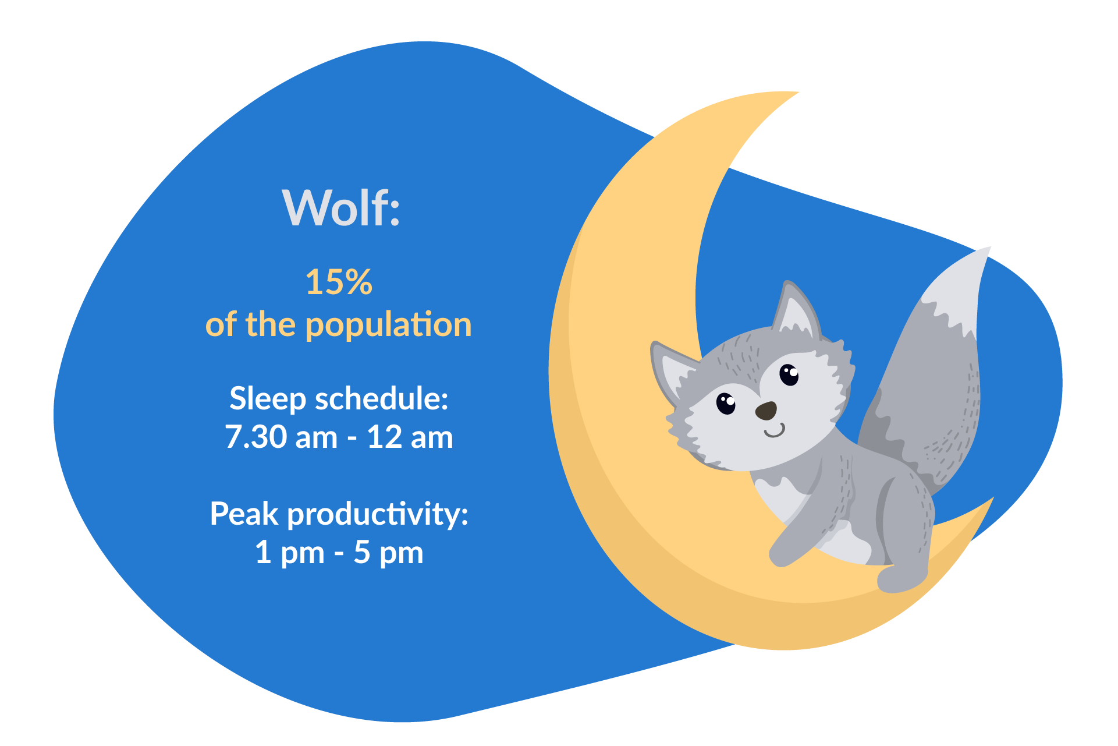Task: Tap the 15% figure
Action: (338, 282)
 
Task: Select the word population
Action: (388, 326)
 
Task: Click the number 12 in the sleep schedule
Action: (384, 437)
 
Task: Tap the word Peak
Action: (244, 514)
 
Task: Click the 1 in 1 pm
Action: (263, 552)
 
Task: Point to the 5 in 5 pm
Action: (361, 552)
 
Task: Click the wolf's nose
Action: (766, 411)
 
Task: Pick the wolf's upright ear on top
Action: (795, 309)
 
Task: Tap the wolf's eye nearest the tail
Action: (789, 374)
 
